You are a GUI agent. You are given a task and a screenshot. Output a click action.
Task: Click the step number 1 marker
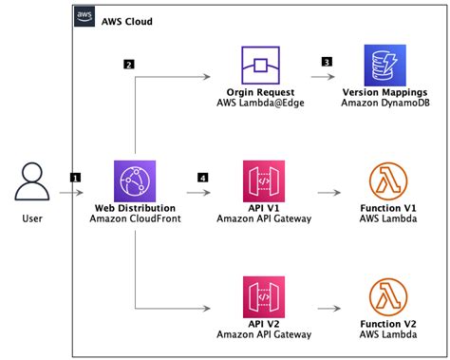pos(75,177)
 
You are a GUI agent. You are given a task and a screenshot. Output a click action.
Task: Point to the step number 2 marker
pos(129,65)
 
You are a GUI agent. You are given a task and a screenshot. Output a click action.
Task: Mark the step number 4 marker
pos(202,177)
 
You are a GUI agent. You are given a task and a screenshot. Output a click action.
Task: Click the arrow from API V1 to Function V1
pos(328,193)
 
